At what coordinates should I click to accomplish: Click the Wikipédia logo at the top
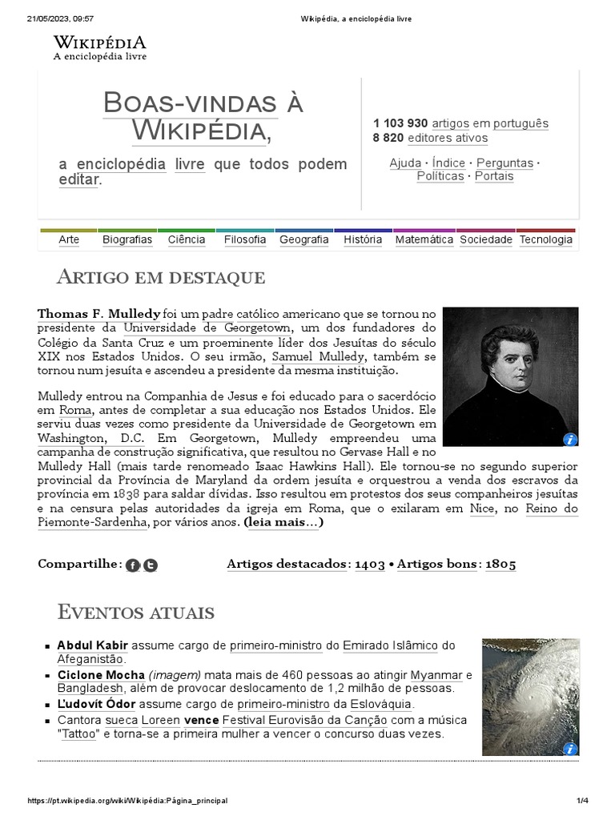pos(99,47)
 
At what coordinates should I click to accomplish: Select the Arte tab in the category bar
pos(69,239)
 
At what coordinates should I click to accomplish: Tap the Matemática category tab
pos(424,239)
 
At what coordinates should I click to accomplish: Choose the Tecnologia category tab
pos(545,239)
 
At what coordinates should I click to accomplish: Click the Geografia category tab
pos(303,239)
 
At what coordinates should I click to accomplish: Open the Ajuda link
pos(404,163)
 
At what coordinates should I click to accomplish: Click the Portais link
pos(494,176)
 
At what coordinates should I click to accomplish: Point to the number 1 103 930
pos(400,123)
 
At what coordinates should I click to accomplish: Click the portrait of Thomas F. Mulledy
pos(510,376)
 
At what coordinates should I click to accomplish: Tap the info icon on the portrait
pos(569,439)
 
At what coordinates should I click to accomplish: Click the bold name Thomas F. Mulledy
pos(98,313)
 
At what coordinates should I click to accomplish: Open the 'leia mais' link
pos(283,522)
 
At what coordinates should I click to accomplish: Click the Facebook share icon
pos(133,565)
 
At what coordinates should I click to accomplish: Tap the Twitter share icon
pos(150,565)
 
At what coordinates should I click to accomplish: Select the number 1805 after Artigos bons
pos(500,565)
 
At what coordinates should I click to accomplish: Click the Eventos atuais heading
pos(136,613)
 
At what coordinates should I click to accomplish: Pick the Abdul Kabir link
pos(92,645)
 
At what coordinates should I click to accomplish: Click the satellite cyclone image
pos(529,697)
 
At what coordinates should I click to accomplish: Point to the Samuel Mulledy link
pos(318,356)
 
